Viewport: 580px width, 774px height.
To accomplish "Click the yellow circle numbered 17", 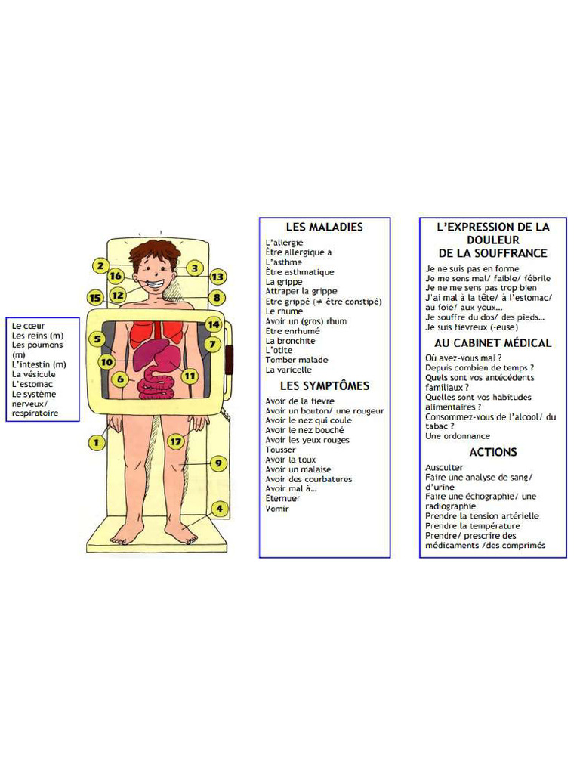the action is tap(176, 441).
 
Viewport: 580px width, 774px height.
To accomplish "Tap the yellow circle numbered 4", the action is tap(219, 509).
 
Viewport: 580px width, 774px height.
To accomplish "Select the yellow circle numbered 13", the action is tap(217, 277).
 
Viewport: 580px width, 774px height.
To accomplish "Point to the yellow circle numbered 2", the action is tap(99, 266).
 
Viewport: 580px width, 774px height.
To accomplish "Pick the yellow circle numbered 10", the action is tap(106, 362).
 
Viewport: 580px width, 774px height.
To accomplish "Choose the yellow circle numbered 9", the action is tap(218, 463).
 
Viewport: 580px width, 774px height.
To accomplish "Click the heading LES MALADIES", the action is tap(324, 227).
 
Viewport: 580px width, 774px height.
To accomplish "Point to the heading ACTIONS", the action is tap(493, 452).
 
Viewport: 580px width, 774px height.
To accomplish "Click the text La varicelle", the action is tap(288, 370).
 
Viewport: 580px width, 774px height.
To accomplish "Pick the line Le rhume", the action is tap(284, 311).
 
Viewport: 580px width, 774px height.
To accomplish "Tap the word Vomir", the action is tap(277, 509).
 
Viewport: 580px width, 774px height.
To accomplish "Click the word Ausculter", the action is tap(444, 468).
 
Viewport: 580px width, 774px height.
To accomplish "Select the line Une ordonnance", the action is tap(458, 436).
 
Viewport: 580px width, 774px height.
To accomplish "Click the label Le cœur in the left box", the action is tap(28, 326).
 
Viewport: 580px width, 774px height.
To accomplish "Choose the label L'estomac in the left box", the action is tap(32, 384).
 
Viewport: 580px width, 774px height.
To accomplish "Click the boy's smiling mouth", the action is tap(156, 286).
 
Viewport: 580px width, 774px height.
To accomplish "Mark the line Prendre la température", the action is tap(473, 526).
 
